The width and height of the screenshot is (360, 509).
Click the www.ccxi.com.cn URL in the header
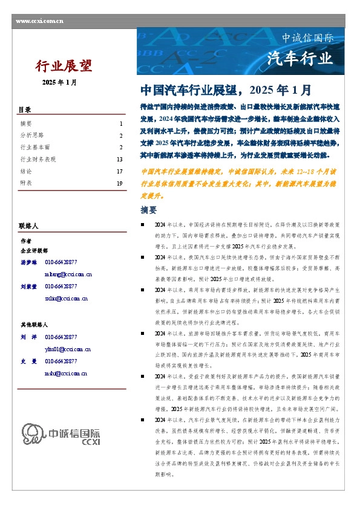pyautogui.click(x=39, y=21)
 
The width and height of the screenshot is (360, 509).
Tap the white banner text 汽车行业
pyautogui.click(x=300, y=59)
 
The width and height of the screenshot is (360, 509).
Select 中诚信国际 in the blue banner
pyautogui.click(x=308, y=38)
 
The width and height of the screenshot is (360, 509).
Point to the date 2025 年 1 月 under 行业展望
pyautogui.click(x=59, y=82)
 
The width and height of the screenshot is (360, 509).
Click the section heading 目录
pyautogui.click(x=24, y=109)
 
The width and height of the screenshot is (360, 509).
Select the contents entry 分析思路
pyautogui.click(x=32, y=135)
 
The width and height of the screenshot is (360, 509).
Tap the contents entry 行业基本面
pyautogui.click(x=35, y=147)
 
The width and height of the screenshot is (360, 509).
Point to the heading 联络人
pyautogui.click(x=28, y=225)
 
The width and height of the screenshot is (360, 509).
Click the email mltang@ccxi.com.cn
pyautogui.click(x=68, y=257)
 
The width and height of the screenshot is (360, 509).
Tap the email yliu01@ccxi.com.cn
pyautogui.click(x=68, y=349)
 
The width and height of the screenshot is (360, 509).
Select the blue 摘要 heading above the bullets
pyautogui.click(x=148, y=210)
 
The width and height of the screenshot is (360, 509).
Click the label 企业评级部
pyautogui.click(x=34, y=250)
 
